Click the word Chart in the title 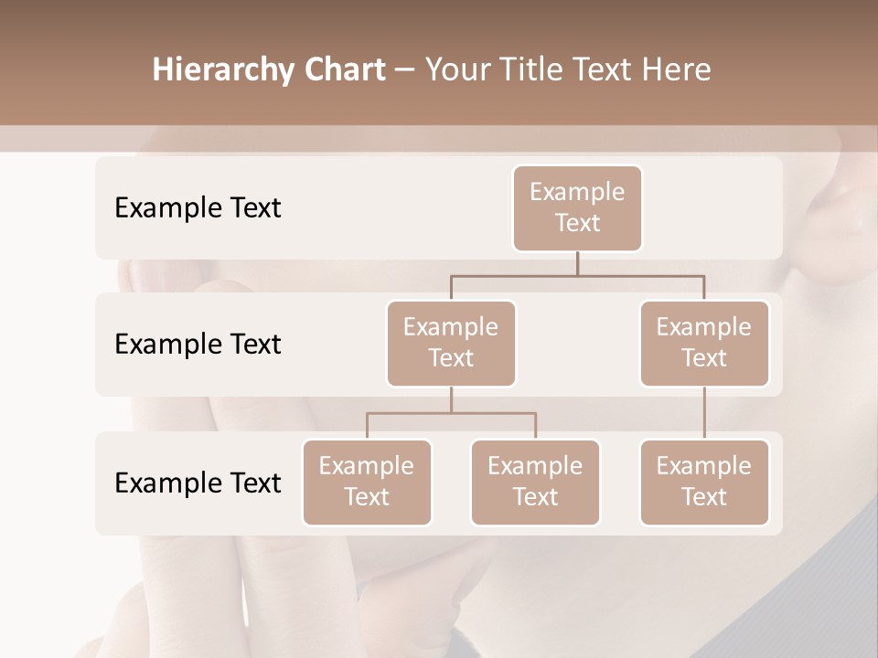point(340,70)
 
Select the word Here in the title point(677,70)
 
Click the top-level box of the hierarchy point(577,207)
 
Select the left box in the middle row point(451,343)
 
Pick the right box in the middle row point(704,343)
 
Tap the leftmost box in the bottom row point(367,482)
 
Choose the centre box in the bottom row point(535,482)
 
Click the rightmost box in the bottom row point(704,482)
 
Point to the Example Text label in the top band point(198,207)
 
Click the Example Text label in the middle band point(198,344)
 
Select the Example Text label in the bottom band point(198,483)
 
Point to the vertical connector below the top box point(577,263)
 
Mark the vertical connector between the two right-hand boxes point(704,412)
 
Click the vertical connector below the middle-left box point(451,399)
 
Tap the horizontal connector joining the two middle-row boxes point(577,275)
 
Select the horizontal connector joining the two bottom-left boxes point(451,413)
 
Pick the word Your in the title point(455,70)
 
